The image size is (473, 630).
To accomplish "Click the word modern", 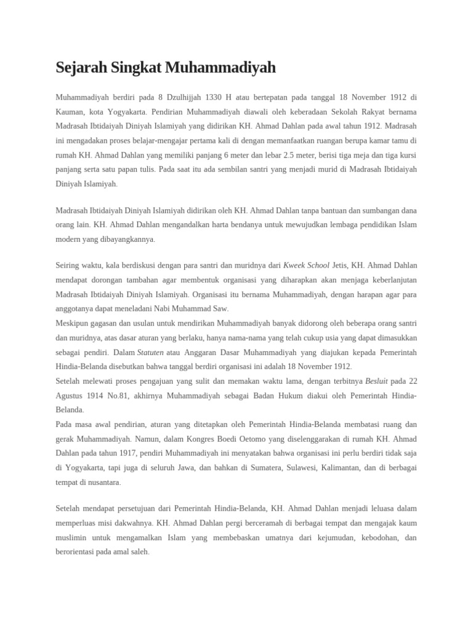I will [68, 239].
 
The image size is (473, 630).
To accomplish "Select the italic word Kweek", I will [294, 266].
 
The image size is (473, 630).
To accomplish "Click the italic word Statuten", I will [150, 352].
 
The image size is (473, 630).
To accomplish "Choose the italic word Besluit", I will [376, 380].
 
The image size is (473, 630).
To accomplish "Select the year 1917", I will [127, 453].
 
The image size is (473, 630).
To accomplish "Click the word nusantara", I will [103, 482].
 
